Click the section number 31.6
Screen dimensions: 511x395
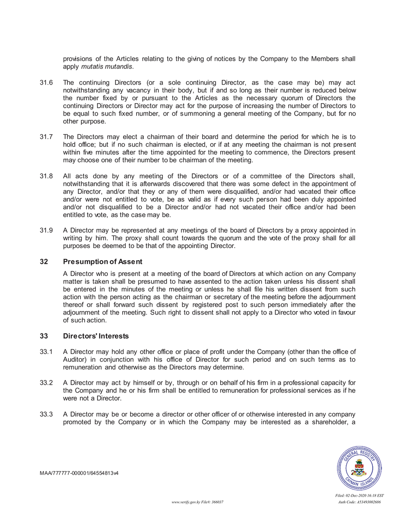[46, 82]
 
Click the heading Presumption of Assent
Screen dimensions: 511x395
[103, 262]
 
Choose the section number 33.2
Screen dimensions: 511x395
[46, 382]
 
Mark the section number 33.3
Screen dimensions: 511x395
[46, 414]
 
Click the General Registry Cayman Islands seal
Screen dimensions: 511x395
[360, 468]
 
